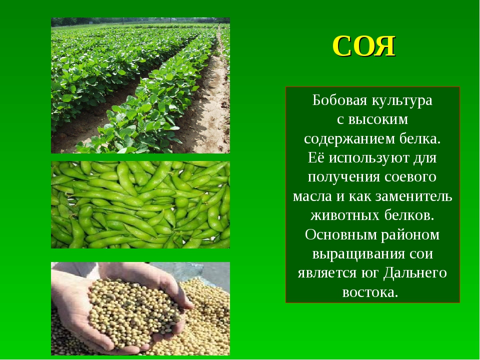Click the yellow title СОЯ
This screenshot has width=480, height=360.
pos(364,46)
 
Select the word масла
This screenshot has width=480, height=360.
pos(312,196)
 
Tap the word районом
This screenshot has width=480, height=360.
pos(410,235)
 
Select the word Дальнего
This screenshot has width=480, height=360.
pos(415,273)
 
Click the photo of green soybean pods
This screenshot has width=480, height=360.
pos(140,204)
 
